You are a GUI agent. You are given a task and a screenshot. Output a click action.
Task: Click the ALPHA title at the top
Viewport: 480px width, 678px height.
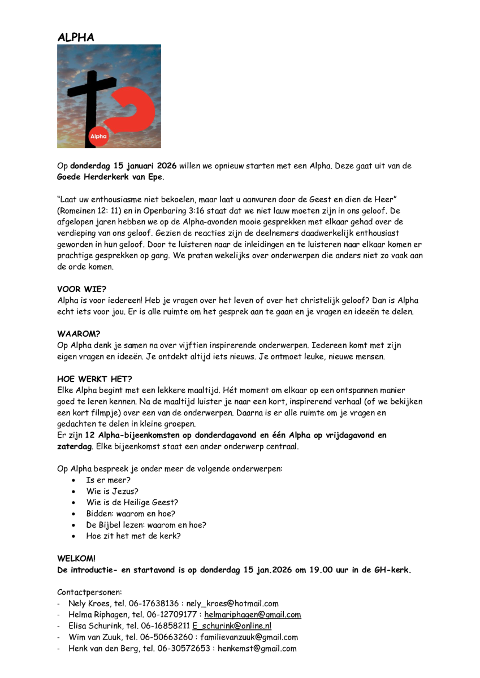76,37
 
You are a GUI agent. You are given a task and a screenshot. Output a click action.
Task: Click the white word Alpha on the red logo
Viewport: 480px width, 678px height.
99,136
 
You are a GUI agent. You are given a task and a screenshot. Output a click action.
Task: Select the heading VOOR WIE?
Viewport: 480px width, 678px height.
81,289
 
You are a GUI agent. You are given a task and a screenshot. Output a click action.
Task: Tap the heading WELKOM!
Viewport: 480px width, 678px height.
76,558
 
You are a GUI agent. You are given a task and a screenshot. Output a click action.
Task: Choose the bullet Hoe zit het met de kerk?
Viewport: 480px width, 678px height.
133,536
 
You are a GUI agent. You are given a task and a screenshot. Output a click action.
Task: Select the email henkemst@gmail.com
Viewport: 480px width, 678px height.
257,649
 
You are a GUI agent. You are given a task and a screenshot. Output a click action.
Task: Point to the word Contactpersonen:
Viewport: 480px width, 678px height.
85,592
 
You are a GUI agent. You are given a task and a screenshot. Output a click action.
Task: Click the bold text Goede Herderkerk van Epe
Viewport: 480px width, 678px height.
110,177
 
